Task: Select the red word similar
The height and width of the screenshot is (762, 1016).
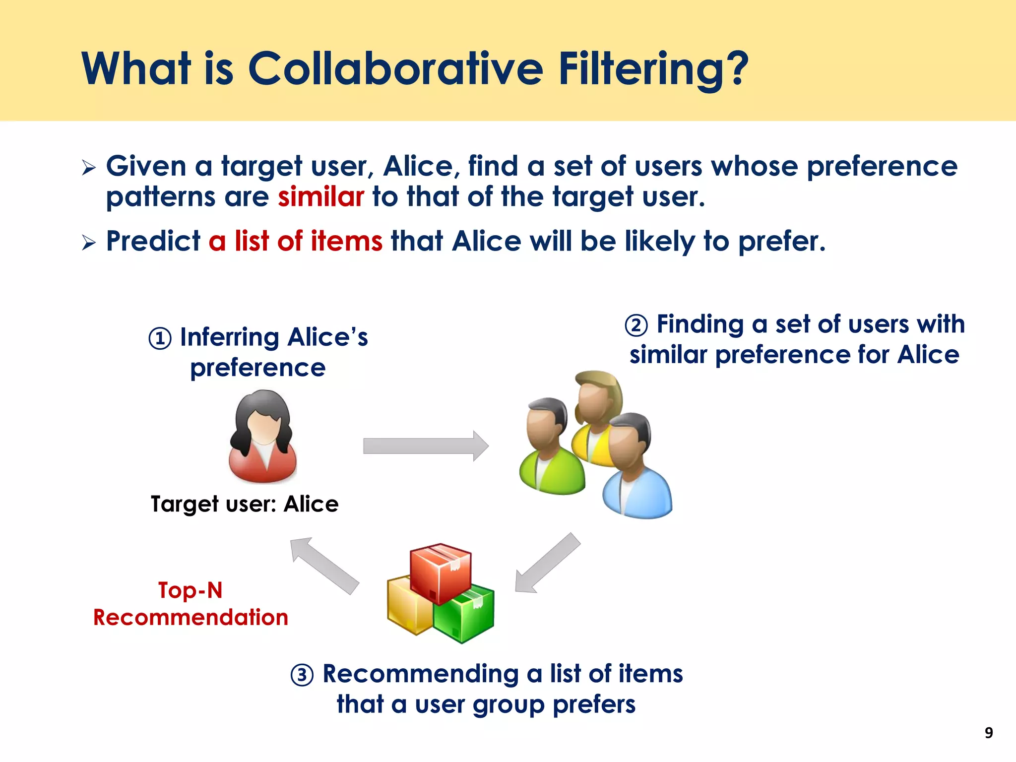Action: coord(321,197)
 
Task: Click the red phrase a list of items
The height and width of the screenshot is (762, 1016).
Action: coord(296,242)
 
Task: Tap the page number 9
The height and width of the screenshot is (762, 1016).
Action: coord(988,733)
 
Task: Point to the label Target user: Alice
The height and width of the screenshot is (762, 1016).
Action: coord(245,504)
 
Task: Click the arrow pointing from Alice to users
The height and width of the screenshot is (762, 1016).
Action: coord(426,445)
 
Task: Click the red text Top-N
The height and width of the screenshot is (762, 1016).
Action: coord(190,590)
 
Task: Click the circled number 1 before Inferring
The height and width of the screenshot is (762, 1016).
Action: coord(160,339)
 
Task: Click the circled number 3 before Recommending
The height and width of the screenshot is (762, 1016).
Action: coord(302,675)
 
